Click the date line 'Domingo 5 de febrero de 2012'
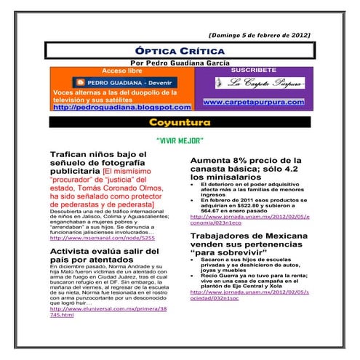[x=259, y=35]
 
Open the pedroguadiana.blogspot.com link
[x=117, y=108]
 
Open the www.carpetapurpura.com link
[x=253, y=103]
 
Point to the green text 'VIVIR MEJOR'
[x=180, y=140]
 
